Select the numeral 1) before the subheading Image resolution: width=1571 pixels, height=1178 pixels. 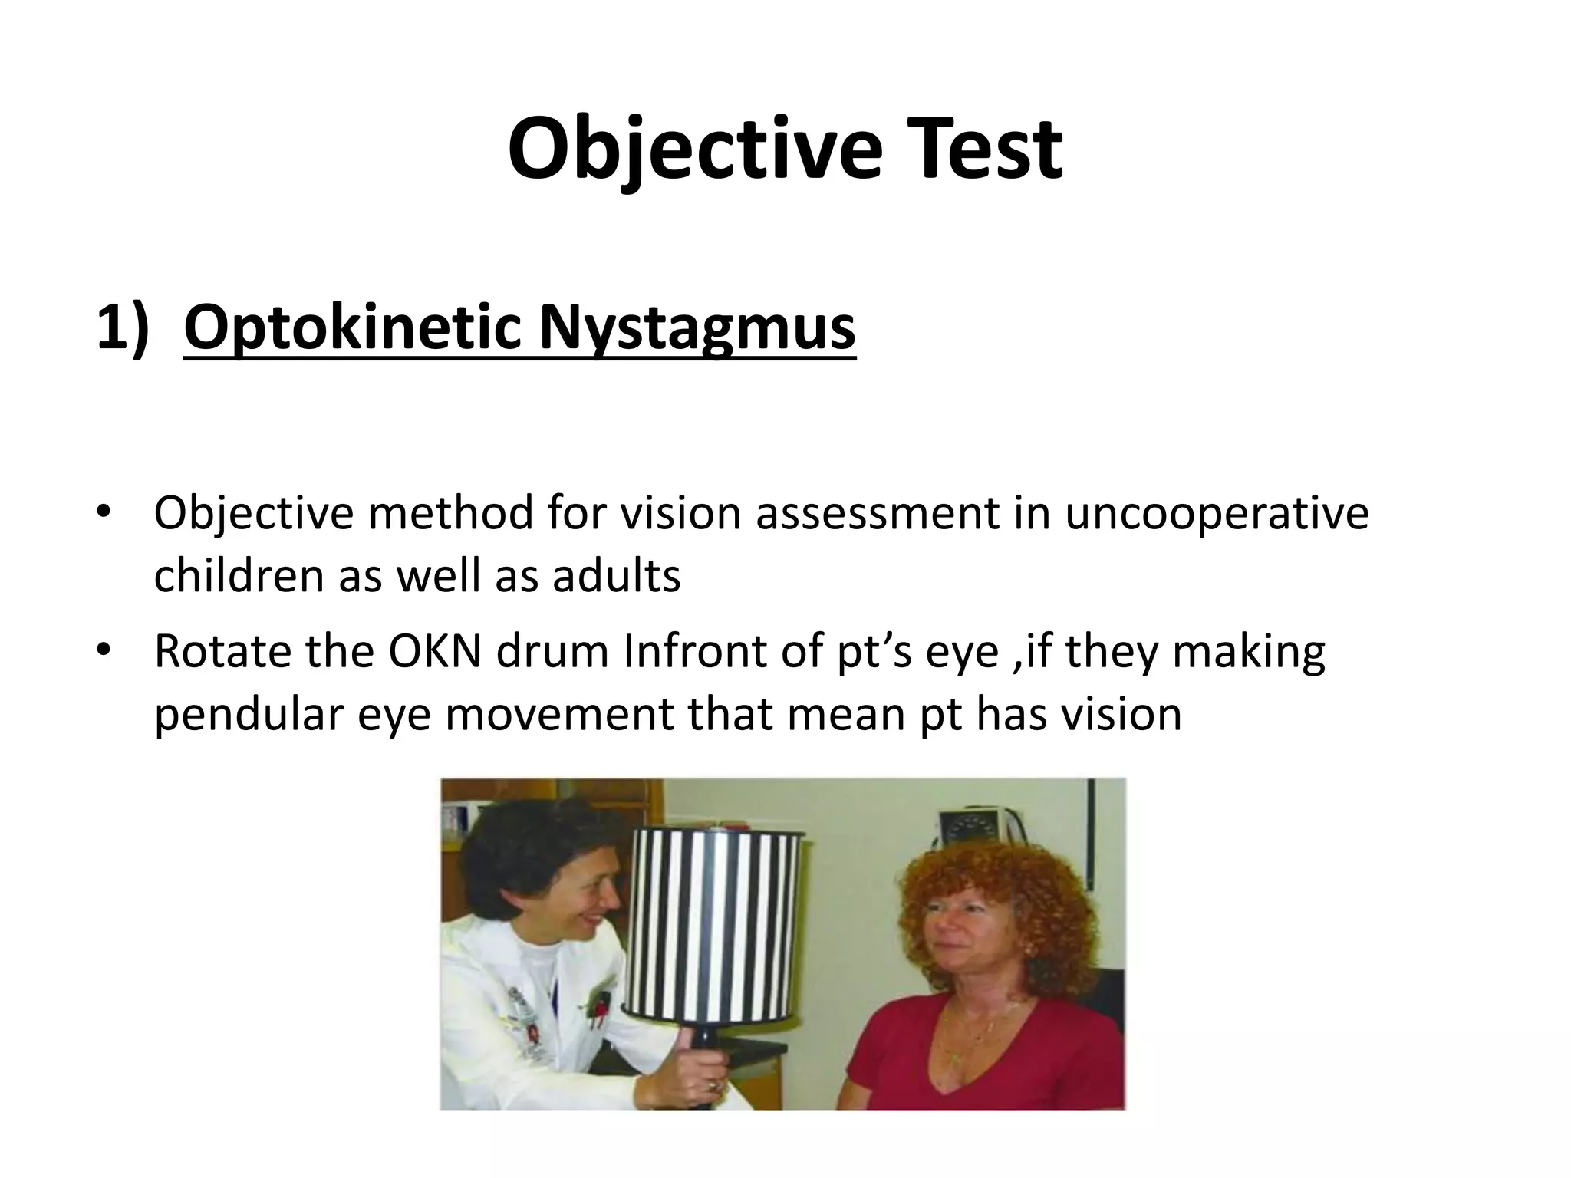click(123, 328)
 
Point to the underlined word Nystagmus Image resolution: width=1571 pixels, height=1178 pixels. click(697, 328)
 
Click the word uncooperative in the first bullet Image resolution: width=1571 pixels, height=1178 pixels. click(1216, 513)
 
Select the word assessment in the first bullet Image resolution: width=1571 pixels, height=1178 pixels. click(878, 513)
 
